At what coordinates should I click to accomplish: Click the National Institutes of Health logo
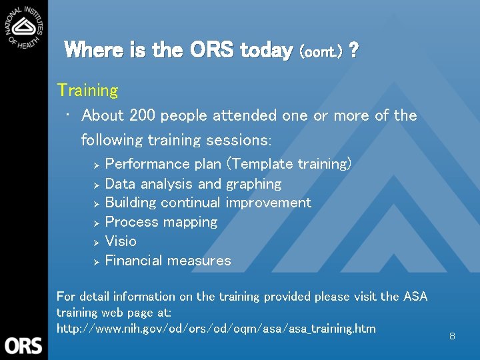(24, 25)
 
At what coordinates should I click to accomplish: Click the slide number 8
(452, 337)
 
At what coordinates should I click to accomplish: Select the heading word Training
(87, 90)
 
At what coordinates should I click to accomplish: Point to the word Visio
(121, 241)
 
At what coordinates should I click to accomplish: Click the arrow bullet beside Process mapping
(96, 223)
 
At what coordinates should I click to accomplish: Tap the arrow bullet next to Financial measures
(96, 261)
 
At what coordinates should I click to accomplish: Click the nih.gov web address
(216, 329)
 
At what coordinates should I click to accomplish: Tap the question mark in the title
(353, 50)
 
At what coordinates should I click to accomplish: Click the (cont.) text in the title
(322, 51)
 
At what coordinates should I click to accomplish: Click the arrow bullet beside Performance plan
(96, 165)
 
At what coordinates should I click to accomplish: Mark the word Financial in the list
(134, 261)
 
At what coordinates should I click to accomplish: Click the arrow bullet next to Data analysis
(96, 184)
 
